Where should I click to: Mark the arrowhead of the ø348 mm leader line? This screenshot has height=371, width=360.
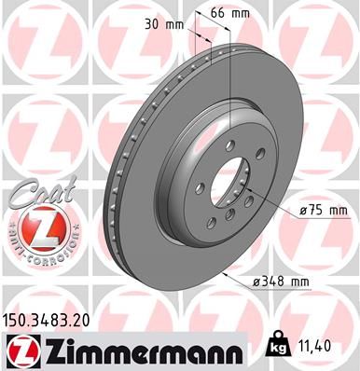(x=228, y=278)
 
